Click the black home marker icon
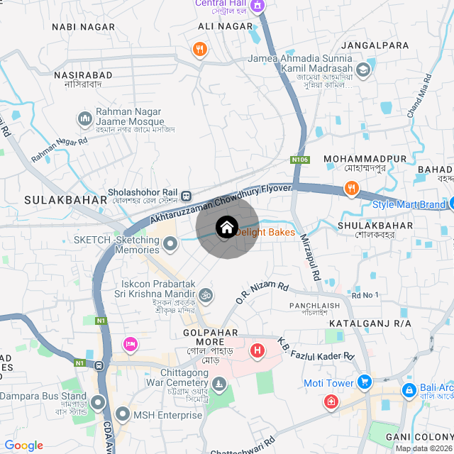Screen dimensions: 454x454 [x=226, y=228]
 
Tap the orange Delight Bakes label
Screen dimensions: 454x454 [x=266, y=232]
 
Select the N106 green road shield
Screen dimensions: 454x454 [x=300, y=160]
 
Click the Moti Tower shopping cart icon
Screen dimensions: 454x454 [x=365, y=382]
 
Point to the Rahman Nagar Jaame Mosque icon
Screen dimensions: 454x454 [x=84, y=117]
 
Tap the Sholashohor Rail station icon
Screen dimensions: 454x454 [x=186, y=195]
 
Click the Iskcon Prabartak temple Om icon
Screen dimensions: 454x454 [x=205, y=293]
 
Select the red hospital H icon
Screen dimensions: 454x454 [x=258, y=350]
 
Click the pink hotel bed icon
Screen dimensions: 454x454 [x=130, y=345]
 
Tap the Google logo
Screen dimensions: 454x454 [x=24, y=445]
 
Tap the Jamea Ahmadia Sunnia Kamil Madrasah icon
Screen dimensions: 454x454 [x=363, y=69]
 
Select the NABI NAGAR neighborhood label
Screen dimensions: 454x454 [x=83, y=26]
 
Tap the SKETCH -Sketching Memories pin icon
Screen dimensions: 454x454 [x=170, y=245]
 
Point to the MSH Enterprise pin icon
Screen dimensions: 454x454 [x=123, y=414]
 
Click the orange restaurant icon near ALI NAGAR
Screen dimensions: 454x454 [x=200, y=49]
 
